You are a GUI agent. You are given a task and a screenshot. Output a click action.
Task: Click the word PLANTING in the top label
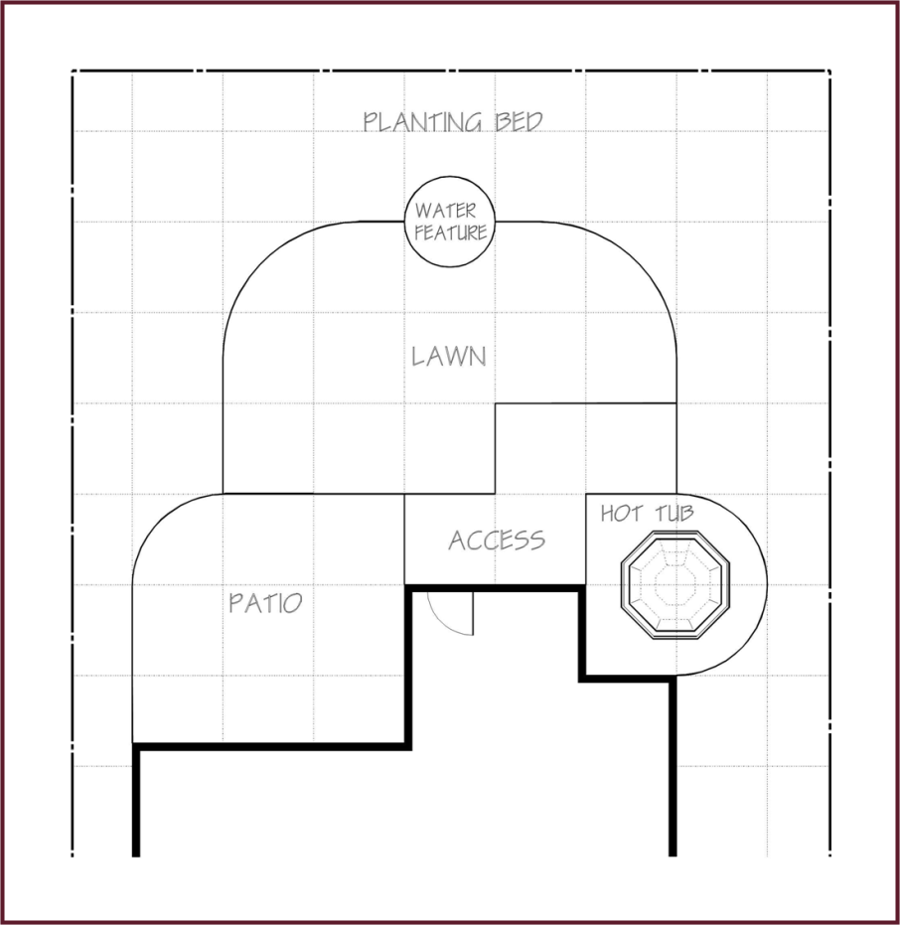coord(422,122)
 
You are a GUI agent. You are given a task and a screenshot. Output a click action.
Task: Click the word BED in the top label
coord(519,121)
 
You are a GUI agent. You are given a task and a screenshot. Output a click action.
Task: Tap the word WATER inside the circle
coord(445,211)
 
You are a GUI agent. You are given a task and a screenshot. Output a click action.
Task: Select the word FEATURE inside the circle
coord(451,232)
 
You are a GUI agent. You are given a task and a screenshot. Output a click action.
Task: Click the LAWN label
coord(449,357)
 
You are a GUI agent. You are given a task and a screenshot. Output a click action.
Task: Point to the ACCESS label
coord(497,540)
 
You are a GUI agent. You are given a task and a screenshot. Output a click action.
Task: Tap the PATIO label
coord(265,603)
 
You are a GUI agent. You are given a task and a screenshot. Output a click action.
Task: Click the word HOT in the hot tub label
coord(622,514)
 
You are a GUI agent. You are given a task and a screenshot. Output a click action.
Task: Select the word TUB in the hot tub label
coord(675,514)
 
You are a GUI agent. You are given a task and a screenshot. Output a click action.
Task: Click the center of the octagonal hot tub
coord(675,584)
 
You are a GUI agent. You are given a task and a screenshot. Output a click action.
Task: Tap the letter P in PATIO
coord(235,603)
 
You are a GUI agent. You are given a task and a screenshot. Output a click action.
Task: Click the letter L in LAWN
coord(417,357)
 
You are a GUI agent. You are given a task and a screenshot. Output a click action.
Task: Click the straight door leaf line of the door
coord(473,614)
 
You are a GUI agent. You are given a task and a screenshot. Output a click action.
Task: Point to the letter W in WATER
coord(423,211)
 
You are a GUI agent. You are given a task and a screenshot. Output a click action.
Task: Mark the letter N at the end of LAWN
coord(478,357)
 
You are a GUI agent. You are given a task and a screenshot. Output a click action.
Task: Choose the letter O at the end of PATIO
coord(294,603)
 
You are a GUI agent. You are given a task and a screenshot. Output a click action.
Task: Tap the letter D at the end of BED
coord(534,121)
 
